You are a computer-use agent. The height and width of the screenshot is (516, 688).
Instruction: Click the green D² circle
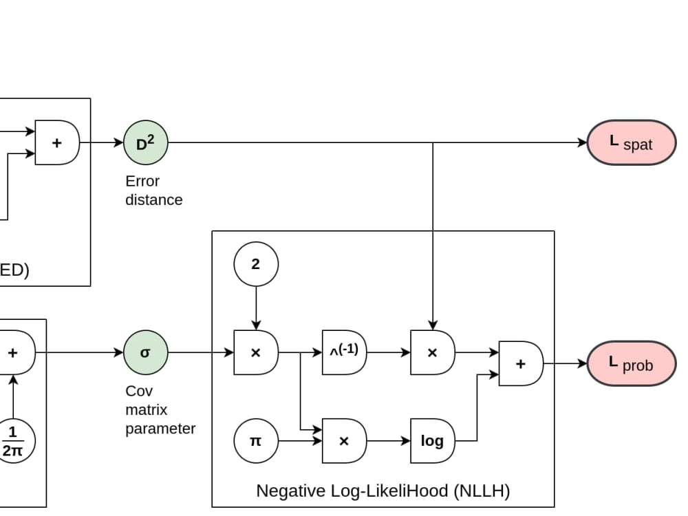145,143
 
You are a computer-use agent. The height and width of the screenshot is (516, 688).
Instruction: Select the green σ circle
145,353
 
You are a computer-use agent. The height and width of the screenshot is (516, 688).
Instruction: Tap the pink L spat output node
631,143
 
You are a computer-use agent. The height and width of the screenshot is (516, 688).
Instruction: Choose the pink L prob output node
631,363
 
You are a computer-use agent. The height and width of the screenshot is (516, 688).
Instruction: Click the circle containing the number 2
256,264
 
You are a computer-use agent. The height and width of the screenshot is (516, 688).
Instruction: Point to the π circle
256,441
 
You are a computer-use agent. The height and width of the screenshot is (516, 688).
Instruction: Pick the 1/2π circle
12,441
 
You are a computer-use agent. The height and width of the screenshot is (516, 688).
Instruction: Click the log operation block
432,441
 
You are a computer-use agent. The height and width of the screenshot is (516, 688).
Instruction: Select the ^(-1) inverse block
343,353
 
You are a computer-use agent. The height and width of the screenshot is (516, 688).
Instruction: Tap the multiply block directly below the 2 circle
255,353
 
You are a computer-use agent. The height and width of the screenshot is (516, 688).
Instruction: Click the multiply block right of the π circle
343,441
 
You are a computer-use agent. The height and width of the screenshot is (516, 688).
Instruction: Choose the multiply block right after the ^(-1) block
432,353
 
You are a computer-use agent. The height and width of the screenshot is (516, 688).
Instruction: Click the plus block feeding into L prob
520,363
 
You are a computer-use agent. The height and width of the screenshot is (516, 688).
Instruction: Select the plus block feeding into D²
57,143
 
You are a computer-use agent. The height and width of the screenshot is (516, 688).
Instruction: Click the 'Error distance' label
153,191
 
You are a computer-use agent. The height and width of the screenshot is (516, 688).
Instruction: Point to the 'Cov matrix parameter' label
160,409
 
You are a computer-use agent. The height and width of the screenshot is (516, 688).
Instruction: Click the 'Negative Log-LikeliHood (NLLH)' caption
383,491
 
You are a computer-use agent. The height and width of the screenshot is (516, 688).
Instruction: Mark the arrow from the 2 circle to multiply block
256,308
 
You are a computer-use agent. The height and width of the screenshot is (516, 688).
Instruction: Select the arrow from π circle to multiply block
300,441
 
